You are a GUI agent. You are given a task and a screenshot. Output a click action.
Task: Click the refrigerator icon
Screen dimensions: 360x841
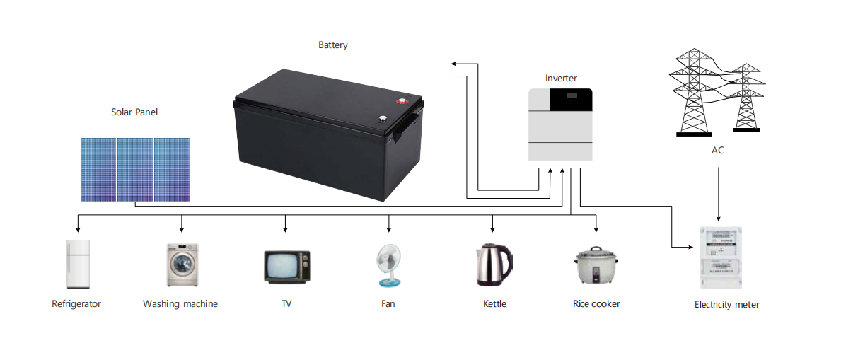78,264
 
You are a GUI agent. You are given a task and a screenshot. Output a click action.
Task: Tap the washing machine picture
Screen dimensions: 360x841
181,265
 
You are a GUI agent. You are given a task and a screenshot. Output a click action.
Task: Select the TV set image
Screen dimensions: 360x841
286,266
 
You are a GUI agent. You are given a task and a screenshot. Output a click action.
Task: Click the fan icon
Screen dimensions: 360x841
389,265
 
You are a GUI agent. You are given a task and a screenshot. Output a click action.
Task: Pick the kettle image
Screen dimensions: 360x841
493,265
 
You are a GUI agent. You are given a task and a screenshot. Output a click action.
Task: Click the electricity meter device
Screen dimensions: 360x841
719,257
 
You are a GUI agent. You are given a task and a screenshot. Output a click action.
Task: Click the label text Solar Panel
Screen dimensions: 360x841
134,112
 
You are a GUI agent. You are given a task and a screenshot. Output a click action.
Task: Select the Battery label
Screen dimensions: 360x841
332,45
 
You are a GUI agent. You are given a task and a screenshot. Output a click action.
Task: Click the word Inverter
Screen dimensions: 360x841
561,78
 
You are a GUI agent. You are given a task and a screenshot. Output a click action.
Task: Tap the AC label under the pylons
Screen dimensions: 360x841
717,150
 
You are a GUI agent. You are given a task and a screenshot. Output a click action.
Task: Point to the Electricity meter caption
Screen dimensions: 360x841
726,305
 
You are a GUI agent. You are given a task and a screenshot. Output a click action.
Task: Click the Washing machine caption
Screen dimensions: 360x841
180,304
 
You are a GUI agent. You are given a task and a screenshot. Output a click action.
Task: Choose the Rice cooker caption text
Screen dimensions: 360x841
596,303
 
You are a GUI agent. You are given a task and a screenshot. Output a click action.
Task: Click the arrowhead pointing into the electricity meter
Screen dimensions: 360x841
693,247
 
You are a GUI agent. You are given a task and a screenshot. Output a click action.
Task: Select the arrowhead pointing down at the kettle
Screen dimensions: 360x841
493,229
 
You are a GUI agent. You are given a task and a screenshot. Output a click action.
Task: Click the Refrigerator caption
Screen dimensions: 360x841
76,304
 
